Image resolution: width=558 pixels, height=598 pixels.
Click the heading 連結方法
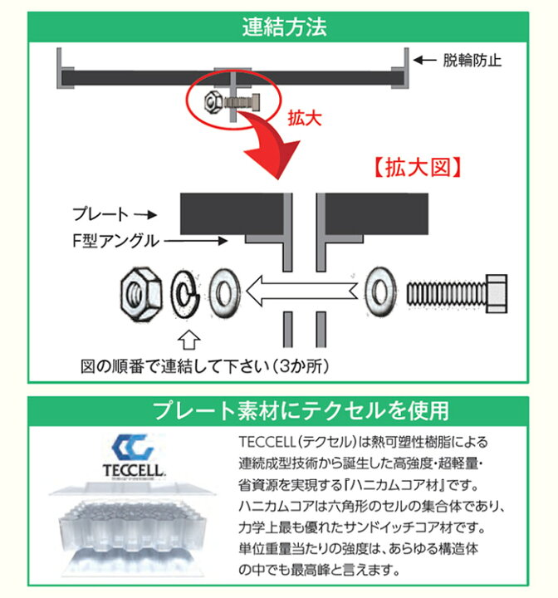285,27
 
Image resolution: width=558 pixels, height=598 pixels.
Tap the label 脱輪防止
472,61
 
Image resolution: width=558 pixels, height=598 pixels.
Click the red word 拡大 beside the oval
305,118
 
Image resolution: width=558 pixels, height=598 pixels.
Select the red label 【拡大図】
418,168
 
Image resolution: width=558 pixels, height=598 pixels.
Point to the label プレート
100,214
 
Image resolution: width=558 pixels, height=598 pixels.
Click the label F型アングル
115,241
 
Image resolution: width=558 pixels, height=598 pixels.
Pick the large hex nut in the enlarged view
140,293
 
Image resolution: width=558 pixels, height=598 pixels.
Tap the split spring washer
185,293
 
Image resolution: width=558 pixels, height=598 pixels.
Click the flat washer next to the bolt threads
379,292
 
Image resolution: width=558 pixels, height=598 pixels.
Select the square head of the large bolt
497,293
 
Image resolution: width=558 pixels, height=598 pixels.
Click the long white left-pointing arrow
301,292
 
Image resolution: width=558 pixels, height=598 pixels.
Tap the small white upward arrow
189,340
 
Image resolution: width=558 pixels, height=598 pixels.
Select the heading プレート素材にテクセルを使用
301,411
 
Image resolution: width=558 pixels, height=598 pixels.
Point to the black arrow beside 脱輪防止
425,61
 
